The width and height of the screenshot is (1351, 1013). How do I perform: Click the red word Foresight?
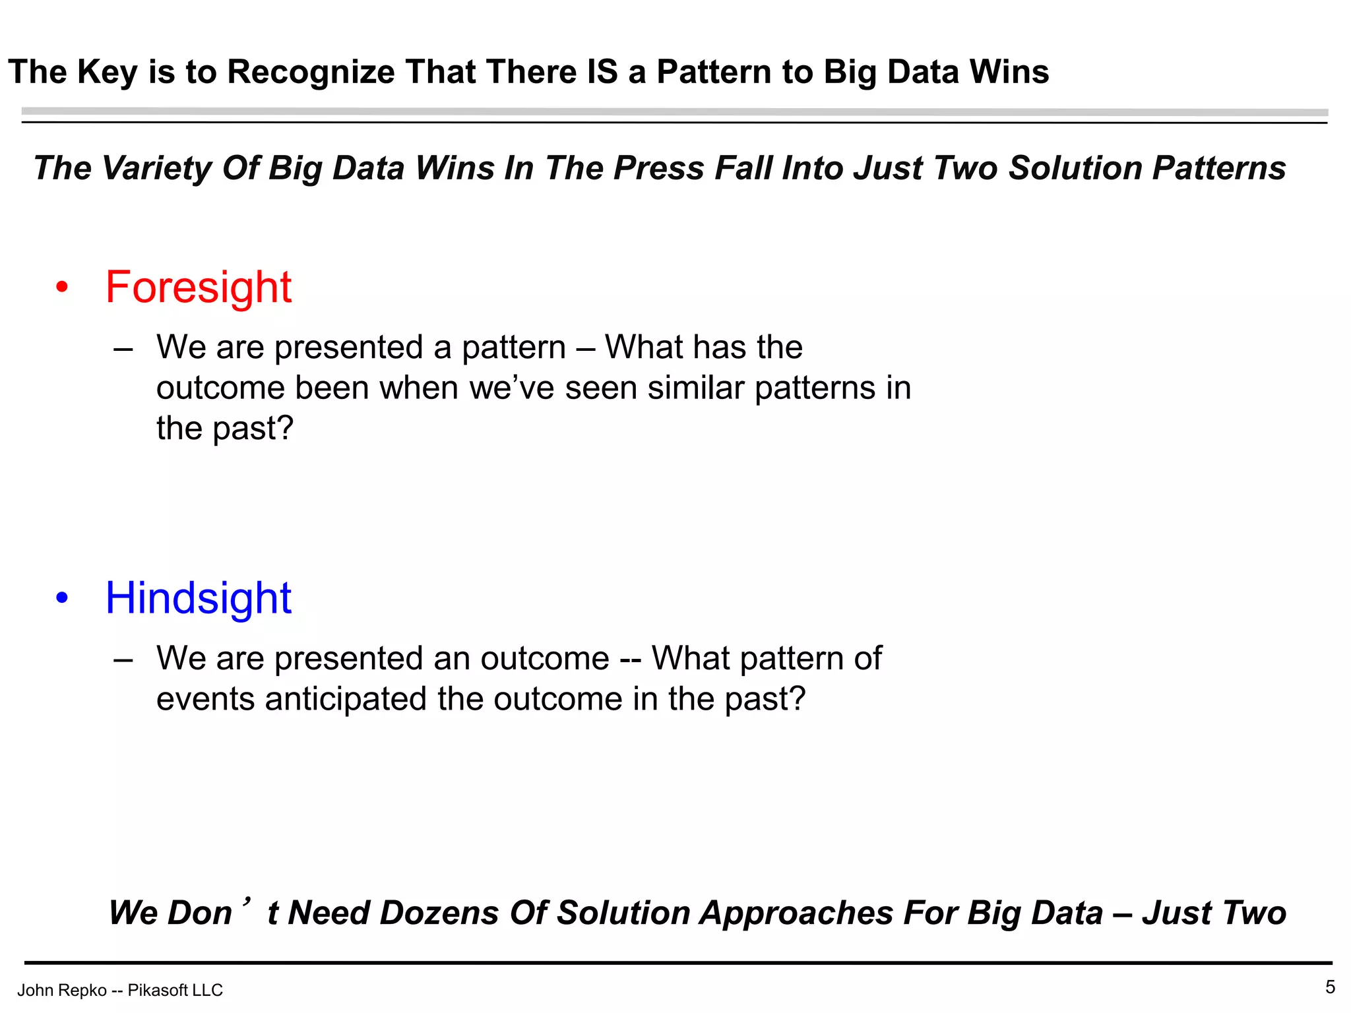(198, 288)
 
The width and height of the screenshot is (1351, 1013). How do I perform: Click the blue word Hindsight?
(198, 598)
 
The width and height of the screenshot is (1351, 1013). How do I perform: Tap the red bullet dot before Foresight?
(62, 288)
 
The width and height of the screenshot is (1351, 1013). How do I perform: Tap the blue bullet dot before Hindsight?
(62, 598)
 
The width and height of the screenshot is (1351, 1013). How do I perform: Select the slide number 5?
(1330, 987)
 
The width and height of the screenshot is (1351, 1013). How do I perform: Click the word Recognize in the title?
(311, 72)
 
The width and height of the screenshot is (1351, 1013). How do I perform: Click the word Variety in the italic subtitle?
(157, 168)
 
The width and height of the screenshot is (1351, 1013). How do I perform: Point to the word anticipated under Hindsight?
(346, 699)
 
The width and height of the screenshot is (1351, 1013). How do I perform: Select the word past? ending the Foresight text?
(253, 429)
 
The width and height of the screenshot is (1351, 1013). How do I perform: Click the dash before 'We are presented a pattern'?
(123, 348)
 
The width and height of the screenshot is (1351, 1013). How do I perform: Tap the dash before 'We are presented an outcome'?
(123, 659)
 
